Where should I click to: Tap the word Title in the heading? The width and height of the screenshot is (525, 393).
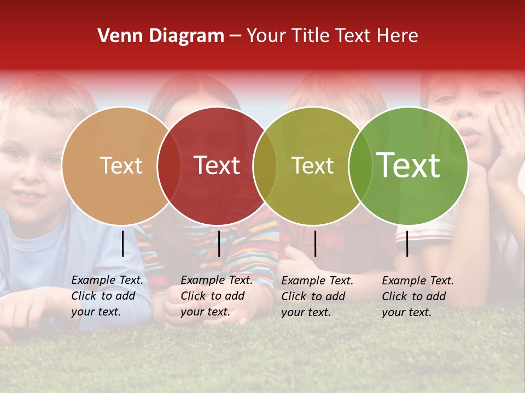point(312,36)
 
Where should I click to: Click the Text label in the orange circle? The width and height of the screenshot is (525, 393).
point(121,165)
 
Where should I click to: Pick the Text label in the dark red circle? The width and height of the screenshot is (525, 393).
point(217,165)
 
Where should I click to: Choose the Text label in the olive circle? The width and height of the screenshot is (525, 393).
point(313,165)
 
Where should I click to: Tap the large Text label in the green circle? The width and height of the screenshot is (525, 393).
point(409,165)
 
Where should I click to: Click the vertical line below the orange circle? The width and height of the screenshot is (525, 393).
point(123,243)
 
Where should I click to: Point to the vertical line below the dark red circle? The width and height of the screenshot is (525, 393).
point(219,243)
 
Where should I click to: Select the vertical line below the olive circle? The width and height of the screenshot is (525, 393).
point(315,243)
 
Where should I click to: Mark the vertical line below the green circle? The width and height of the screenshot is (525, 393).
point(407,243)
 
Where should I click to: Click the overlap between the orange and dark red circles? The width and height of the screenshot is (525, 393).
point(169,165)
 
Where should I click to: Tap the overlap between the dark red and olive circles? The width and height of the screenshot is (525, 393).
point(265,165)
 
